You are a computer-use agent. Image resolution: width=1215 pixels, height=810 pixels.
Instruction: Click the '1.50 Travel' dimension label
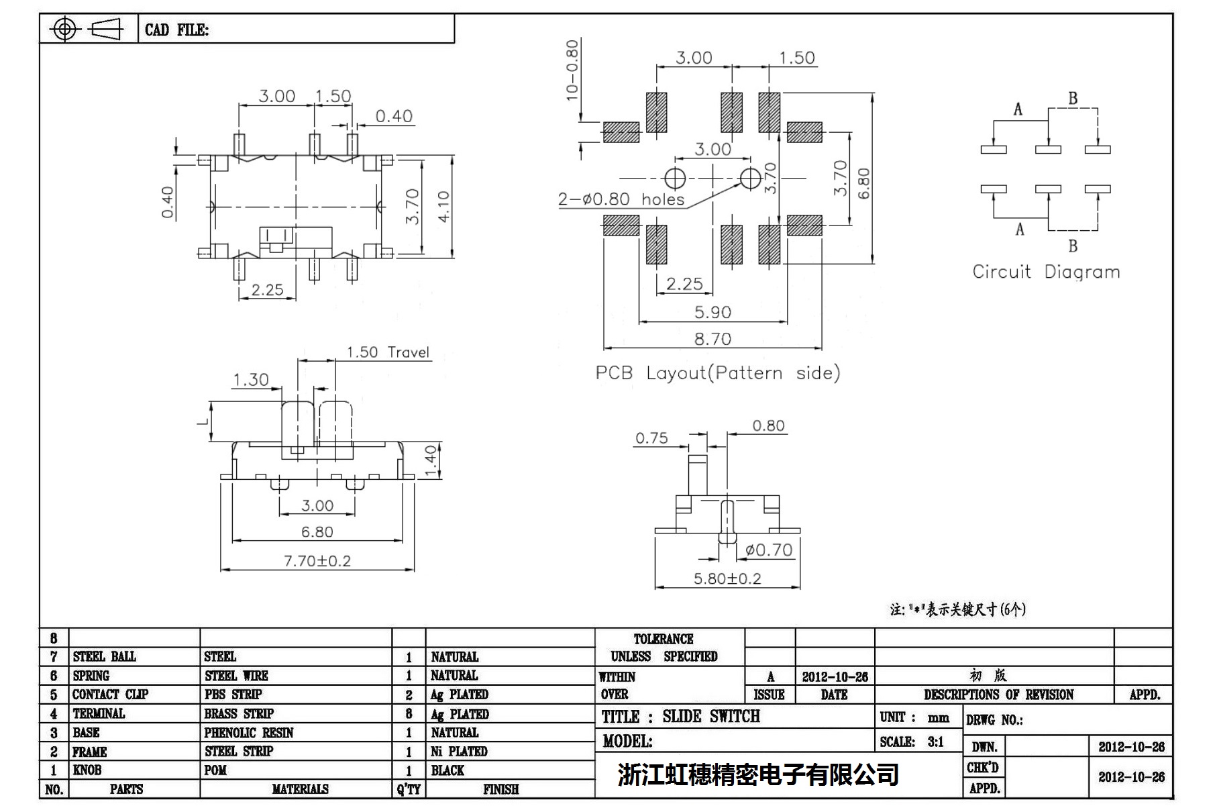pyautogui.click(x=388, y=352)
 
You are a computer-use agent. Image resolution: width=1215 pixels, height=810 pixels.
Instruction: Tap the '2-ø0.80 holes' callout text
pyautogui.click(x=621, y=199)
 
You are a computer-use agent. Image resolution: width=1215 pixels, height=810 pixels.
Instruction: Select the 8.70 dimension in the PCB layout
pyautogui.click(x=712, y=339)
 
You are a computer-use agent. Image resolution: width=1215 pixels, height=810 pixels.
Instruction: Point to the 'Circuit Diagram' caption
pyautogui.click(x=1046, y=272)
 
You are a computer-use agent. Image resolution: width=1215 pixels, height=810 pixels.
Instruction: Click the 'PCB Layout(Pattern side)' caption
pyautogui.click(x=717, y=373)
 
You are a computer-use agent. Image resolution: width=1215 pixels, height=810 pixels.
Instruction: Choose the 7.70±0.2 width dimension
pyautogui.click(x=317, y=560)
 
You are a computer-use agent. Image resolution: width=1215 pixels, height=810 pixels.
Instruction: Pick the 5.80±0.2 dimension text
pyautogui.click(x=727, y=578)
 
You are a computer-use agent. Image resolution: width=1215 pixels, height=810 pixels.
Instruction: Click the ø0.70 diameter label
pyautogui.click(x=769, y=550)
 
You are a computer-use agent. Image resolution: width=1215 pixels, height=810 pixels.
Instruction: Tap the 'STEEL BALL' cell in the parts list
pyautogui.click(x=104, y=656)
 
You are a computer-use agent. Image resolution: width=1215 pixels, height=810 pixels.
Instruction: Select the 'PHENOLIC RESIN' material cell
pyautogui.click(x=249, y=732)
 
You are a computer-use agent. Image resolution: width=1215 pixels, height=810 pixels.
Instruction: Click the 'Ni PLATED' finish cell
pyautogui.click(x=459, y=752)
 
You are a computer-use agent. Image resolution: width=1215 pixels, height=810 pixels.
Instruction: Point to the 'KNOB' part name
pyautogui.click(x=87, y=770)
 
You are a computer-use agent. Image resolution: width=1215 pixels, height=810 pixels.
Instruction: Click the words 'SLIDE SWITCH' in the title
pyautogui.click(x=711, y=717)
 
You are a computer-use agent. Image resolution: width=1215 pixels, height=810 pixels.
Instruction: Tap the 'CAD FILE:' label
pyautogui.click(x=176, y=30)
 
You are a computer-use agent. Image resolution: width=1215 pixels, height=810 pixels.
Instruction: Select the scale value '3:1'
pyautogui.click(x=935, y=742)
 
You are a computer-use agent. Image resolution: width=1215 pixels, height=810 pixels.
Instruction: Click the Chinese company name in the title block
pyautogui.click(x=758, y=774)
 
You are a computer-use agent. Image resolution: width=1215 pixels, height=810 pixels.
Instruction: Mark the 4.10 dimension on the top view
pyautogui.click(x=443, y=207)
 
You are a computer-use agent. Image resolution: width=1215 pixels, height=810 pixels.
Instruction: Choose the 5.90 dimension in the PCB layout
pyautogui.click(x=712, y=312)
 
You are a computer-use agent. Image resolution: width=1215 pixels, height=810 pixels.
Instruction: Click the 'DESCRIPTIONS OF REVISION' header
pyautogui.click(x=998, y=695)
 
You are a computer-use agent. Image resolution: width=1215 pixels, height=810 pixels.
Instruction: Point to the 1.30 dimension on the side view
pyautogui.click(x=250, y=380)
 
